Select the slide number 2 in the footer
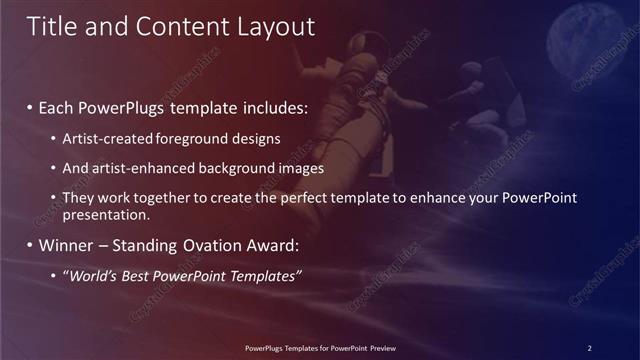pyautogui.click(x=589, y=348)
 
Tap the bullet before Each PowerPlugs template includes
pyautogui.click(x=30, y=107)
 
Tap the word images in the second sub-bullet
pyautogui.click(x=303, y=168)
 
